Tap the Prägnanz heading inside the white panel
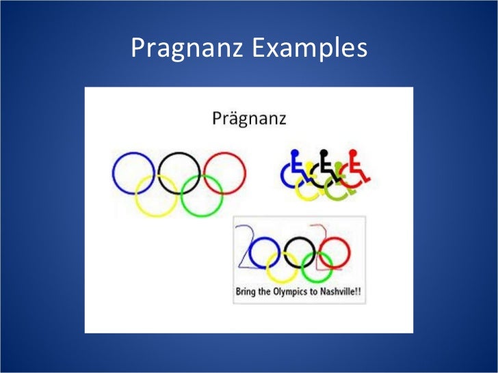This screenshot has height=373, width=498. tap(248, 119)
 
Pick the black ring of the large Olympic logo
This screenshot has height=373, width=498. tap(179, 156)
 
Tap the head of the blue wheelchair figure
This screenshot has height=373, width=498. tap(295, 154)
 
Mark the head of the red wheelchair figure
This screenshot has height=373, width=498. tap(353, 154)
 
